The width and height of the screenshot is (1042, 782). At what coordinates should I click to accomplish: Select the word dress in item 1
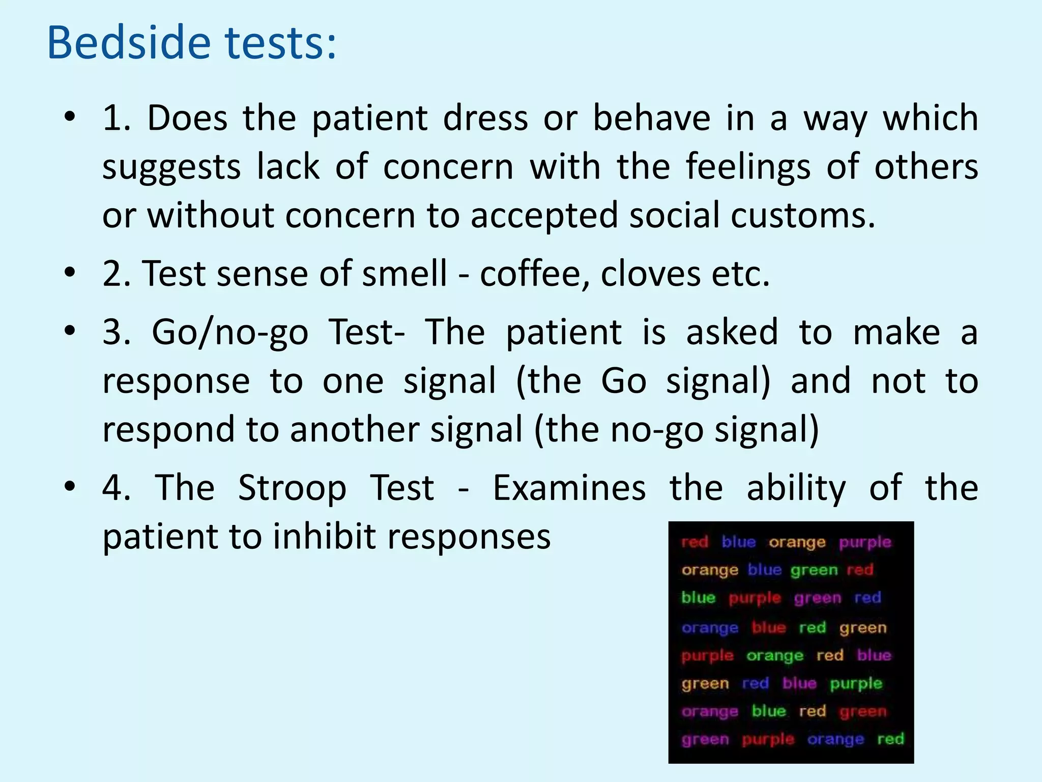pos(485,119)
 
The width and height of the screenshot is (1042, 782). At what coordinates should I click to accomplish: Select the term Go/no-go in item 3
pos(230,332)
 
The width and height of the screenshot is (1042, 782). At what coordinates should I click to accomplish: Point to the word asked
pos(732,332)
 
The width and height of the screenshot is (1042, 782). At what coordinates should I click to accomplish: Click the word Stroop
pos(292,488)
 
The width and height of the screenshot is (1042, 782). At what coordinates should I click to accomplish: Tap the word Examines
pos(569,488)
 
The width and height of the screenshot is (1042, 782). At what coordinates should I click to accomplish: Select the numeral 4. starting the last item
pos(117,488)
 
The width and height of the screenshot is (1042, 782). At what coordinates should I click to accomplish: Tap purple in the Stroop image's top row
pos(865,542)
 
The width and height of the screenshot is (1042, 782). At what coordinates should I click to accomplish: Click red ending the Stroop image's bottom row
pos(890,738)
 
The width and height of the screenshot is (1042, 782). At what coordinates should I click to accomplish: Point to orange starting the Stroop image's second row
pos(710,570)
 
